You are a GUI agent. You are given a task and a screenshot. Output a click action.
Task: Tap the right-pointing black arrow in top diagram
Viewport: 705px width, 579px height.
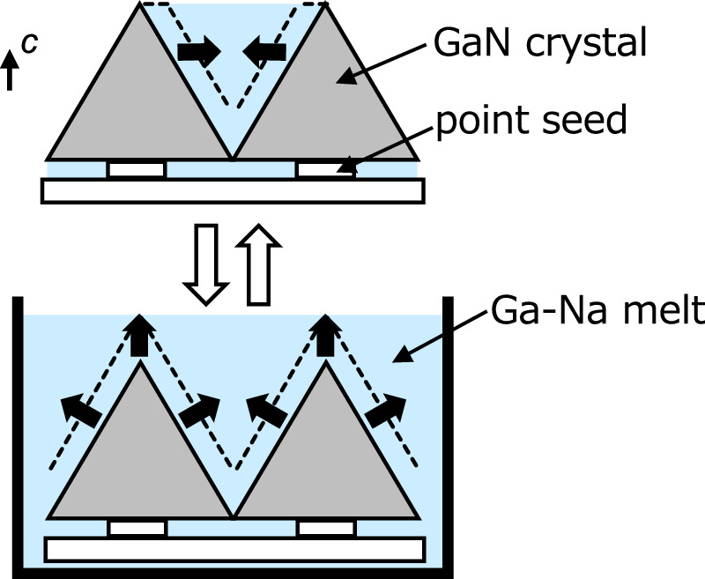(197, 52)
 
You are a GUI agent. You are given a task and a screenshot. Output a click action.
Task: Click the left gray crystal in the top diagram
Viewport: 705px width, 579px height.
(141, 106)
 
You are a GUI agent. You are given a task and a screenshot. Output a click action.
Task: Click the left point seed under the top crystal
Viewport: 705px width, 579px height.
(137, 168)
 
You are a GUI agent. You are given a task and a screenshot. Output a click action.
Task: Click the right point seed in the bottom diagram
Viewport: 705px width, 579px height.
(326, 527)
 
